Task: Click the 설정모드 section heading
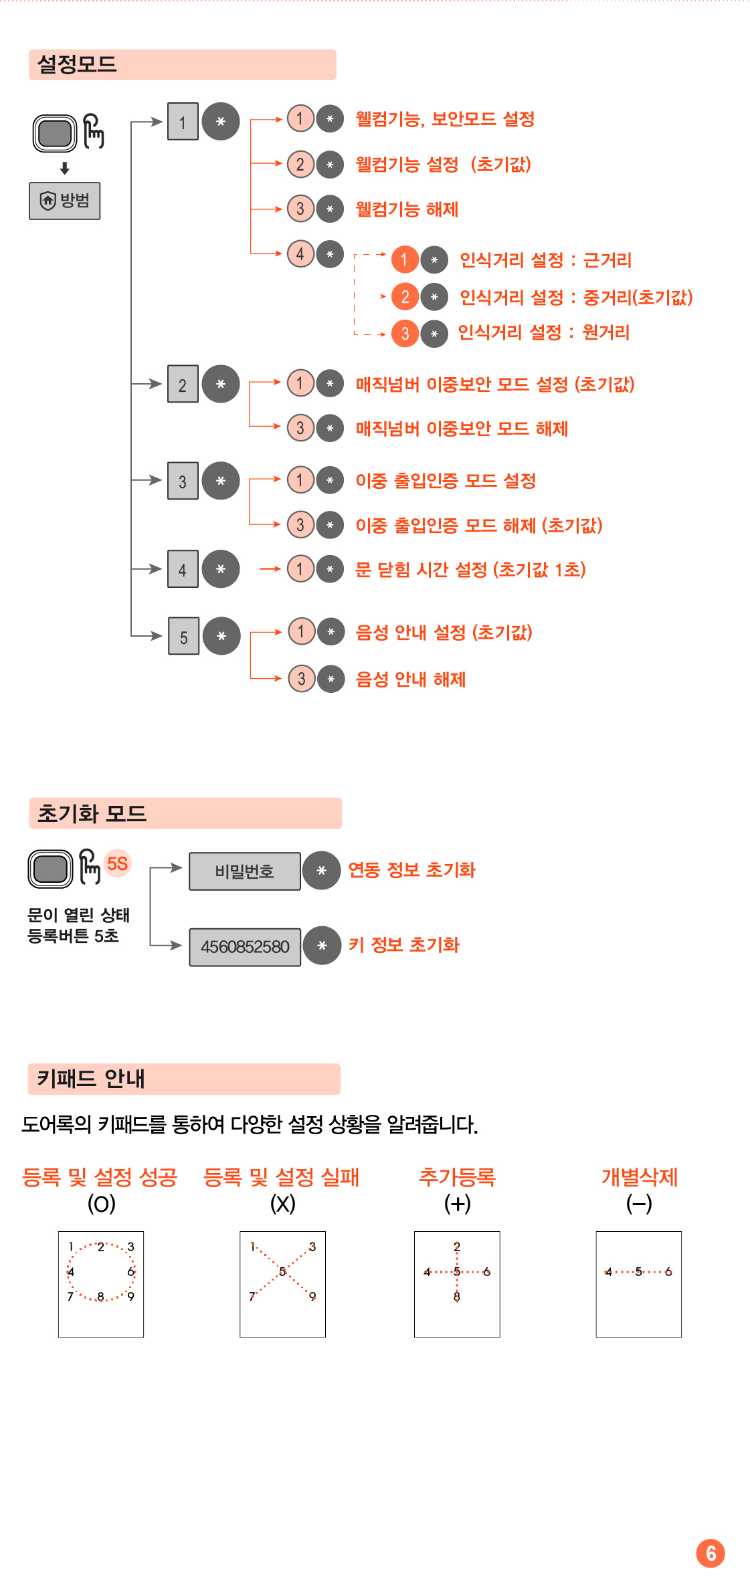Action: click(x=77, y=65)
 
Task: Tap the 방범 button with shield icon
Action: click(x=65, y=201)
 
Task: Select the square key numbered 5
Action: click(x=183, y=636)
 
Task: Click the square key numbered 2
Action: click(x=183, y=385)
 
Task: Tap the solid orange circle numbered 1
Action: click(x=405, y=259)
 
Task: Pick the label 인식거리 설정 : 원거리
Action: click(x=543, y=332)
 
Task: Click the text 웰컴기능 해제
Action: click(x=407, y=209)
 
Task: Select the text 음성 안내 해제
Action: click(x=410, y=679)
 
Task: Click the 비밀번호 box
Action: click(x=244, y=871)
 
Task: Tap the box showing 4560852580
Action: click(x=245, y=947)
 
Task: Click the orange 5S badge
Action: click(x=118, y=863)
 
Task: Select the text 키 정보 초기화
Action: click(x=403, y=945)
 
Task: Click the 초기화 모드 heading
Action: click(x=92, y=814)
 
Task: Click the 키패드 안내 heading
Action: click(x=90, y=1079)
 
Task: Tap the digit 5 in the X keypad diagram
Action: click(x=282, y=1271)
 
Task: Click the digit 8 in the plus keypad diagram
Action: click(x=457, y=1297)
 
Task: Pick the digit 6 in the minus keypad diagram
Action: click(x=668, y=1271)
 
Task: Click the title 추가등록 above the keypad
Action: click(x=457, y=1177)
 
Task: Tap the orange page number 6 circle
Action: click(x=711, y=1554)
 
